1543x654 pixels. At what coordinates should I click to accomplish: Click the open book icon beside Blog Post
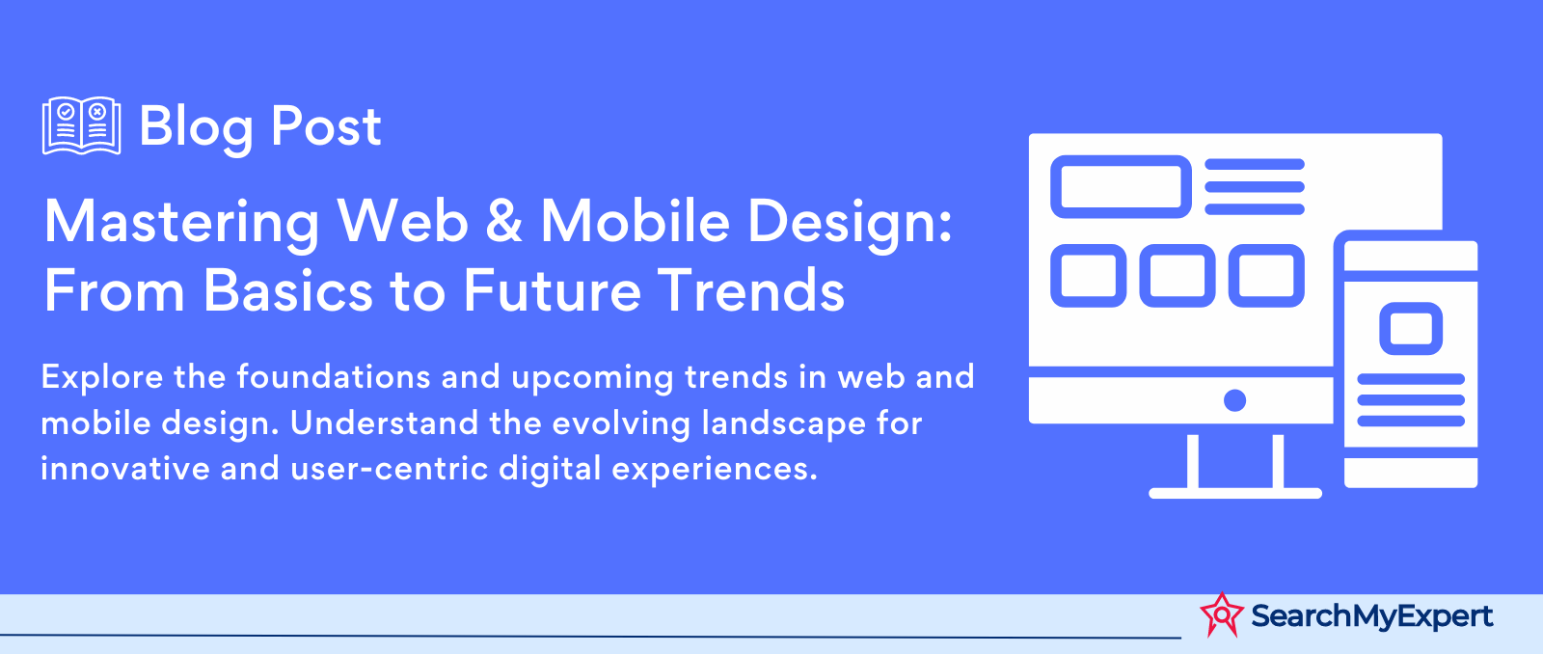[81, 125]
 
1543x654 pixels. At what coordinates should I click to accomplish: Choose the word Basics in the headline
[288, 290]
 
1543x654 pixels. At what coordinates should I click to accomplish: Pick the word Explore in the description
[102, 378]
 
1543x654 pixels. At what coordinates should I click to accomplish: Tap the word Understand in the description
[384, 423]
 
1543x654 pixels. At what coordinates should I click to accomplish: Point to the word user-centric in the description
[389, 470]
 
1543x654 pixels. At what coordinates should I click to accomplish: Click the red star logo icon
[1221, 614]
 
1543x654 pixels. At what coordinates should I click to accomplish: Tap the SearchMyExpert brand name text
[1371, 616]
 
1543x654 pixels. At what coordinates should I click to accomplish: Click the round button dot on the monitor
[1234, 400]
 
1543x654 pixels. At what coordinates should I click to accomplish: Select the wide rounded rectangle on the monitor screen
[1121, 187]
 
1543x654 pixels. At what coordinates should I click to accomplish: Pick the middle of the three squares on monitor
[1178, 276]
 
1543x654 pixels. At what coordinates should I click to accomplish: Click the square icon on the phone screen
[1411, 329]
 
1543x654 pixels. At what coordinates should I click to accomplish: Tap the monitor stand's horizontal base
[1235, 493]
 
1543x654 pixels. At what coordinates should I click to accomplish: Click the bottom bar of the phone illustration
[1411, 473]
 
